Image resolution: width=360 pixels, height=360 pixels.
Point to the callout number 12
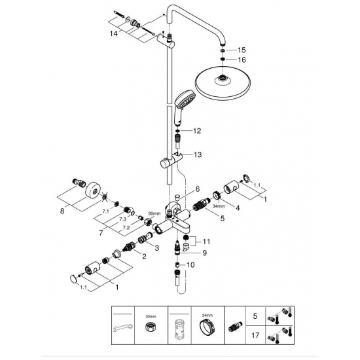(x=196, y=132)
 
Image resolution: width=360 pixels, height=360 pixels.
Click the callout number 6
(x=198, y=188)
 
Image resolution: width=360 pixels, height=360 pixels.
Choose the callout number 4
(x=237, y=208)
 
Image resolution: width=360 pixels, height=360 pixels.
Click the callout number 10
(x=192, y=264)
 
